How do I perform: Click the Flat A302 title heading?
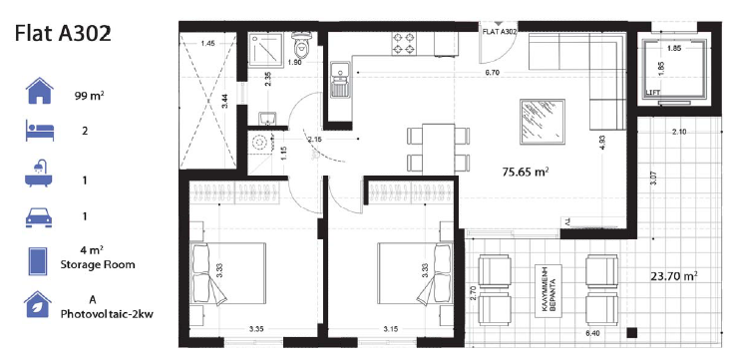(x=63, y=33)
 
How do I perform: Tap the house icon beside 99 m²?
(x=38, y=94)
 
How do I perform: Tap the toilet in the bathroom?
(x=303, y=45)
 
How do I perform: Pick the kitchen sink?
(x=340, y=78)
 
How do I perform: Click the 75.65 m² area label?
(x=527, y=171)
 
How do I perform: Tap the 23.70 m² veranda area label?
(x=673, y=276)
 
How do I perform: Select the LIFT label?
(x=653, y=93)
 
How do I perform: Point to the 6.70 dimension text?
(x=492, y=73)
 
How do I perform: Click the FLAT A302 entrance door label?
(x=499, y=32)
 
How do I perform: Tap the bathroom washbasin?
(x=263, y=120)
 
